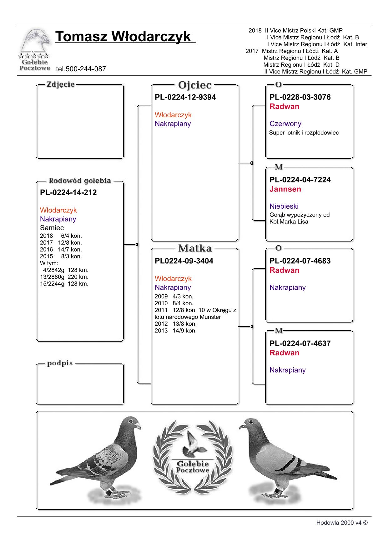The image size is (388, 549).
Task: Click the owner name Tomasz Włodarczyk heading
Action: [123, 37]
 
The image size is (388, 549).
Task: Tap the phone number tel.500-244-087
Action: [81, 69]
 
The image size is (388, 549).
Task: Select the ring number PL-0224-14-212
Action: [68, 192]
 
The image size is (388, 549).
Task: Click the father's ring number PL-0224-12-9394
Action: [185, 97]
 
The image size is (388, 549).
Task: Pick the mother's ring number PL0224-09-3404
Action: [184, 261]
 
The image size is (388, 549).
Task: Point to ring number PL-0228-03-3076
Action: [300, 97]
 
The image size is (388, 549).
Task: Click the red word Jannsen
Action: [285, 189]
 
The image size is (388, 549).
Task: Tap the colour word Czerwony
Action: [285, 124]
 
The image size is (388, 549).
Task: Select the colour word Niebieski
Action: [284, 206]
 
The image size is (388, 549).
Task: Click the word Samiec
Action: [52, 228]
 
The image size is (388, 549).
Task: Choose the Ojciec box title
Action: [194, 85]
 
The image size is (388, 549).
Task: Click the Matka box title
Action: [194, 248]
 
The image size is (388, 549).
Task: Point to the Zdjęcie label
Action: [60, 84]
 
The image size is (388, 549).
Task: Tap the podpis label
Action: [60, 363]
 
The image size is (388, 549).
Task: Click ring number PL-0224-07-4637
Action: [300, 343]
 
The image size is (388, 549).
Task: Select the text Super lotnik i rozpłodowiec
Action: [304, 133]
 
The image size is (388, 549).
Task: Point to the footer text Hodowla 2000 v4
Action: [341, 523]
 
